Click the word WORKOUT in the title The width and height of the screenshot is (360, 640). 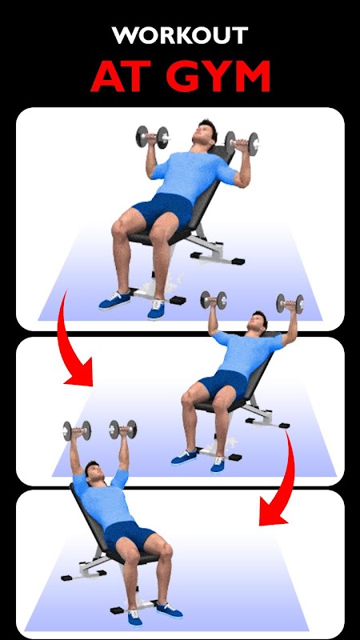[x=180, y=35]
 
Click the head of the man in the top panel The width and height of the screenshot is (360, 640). [x=205, y=133]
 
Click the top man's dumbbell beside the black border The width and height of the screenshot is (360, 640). [x=242, y=143]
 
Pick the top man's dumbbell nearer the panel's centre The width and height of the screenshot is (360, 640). [x=152, y=137]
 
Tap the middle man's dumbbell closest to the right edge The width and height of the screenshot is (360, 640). [x=290, y=304]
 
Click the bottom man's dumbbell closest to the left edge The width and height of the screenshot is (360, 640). [x=77, y=430]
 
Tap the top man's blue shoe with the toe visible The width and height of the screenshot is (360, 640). [x=156, y=309]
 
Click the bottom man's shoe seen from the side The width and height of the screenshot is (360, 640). [x=167, y=610]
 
